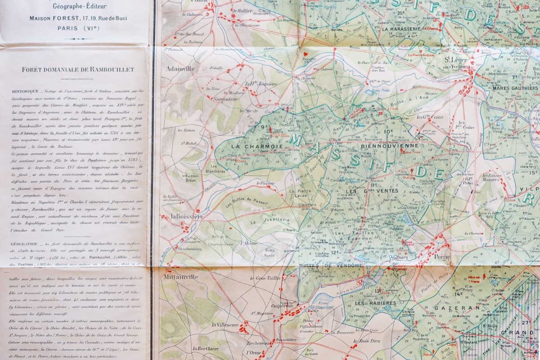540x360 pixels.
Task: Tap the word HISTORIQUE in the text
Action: (25, 91)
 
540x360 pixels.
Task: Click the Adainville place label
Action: (180, 69)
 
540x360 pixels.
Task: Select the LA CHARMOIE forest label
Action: (251, 146)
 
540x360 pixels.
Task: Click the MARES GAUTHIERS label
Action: (515, 88)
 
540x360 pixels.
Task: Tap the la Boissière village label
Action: (187, 217)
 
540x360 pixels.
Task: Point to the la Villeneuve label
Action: (225, 324)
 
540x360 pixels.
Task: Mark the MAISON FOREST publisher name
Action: (49, 18)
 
